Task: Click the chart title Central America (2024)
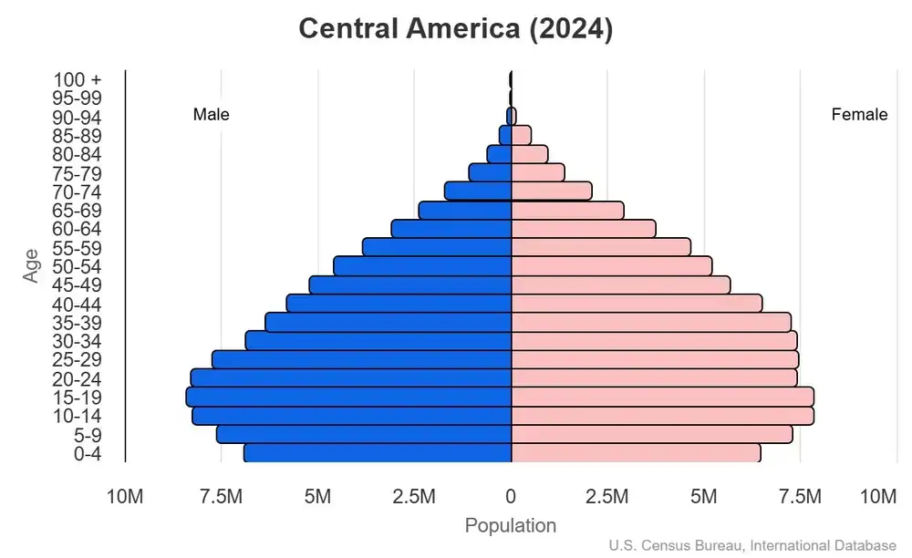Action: (456, 29)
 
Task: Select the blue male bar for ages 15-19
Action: (348, 397)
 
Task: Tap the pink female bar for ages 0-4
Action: (636, 452)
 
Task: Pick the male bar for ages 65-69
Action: (464, 210)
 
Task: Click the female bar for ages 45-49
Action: (620, 284)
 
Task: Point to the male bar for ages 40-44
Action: (399, 304)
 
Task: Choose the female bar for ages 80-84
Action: (530, 154)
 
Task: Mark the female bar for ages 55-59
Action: (601, 247)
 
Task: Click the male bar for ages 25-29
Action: (361, 359)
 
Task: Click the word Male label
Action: (212, 115)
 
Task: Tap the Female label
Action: (859, 115)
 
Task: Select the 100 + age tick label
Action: (77, 79)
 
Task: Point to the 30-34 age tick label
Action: (77, 341)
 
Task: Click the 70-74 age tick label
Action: (77, 191)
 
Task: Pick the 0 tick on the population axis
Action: (511, 497)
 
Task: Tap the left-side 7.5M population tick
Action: (221, 497)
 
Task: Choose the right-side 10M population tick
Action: (878, 497)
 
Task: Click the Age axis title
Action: (32, 266)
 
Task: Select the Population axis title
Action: (511, 526)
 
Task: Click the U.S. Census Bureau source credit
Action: (752, 546)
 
